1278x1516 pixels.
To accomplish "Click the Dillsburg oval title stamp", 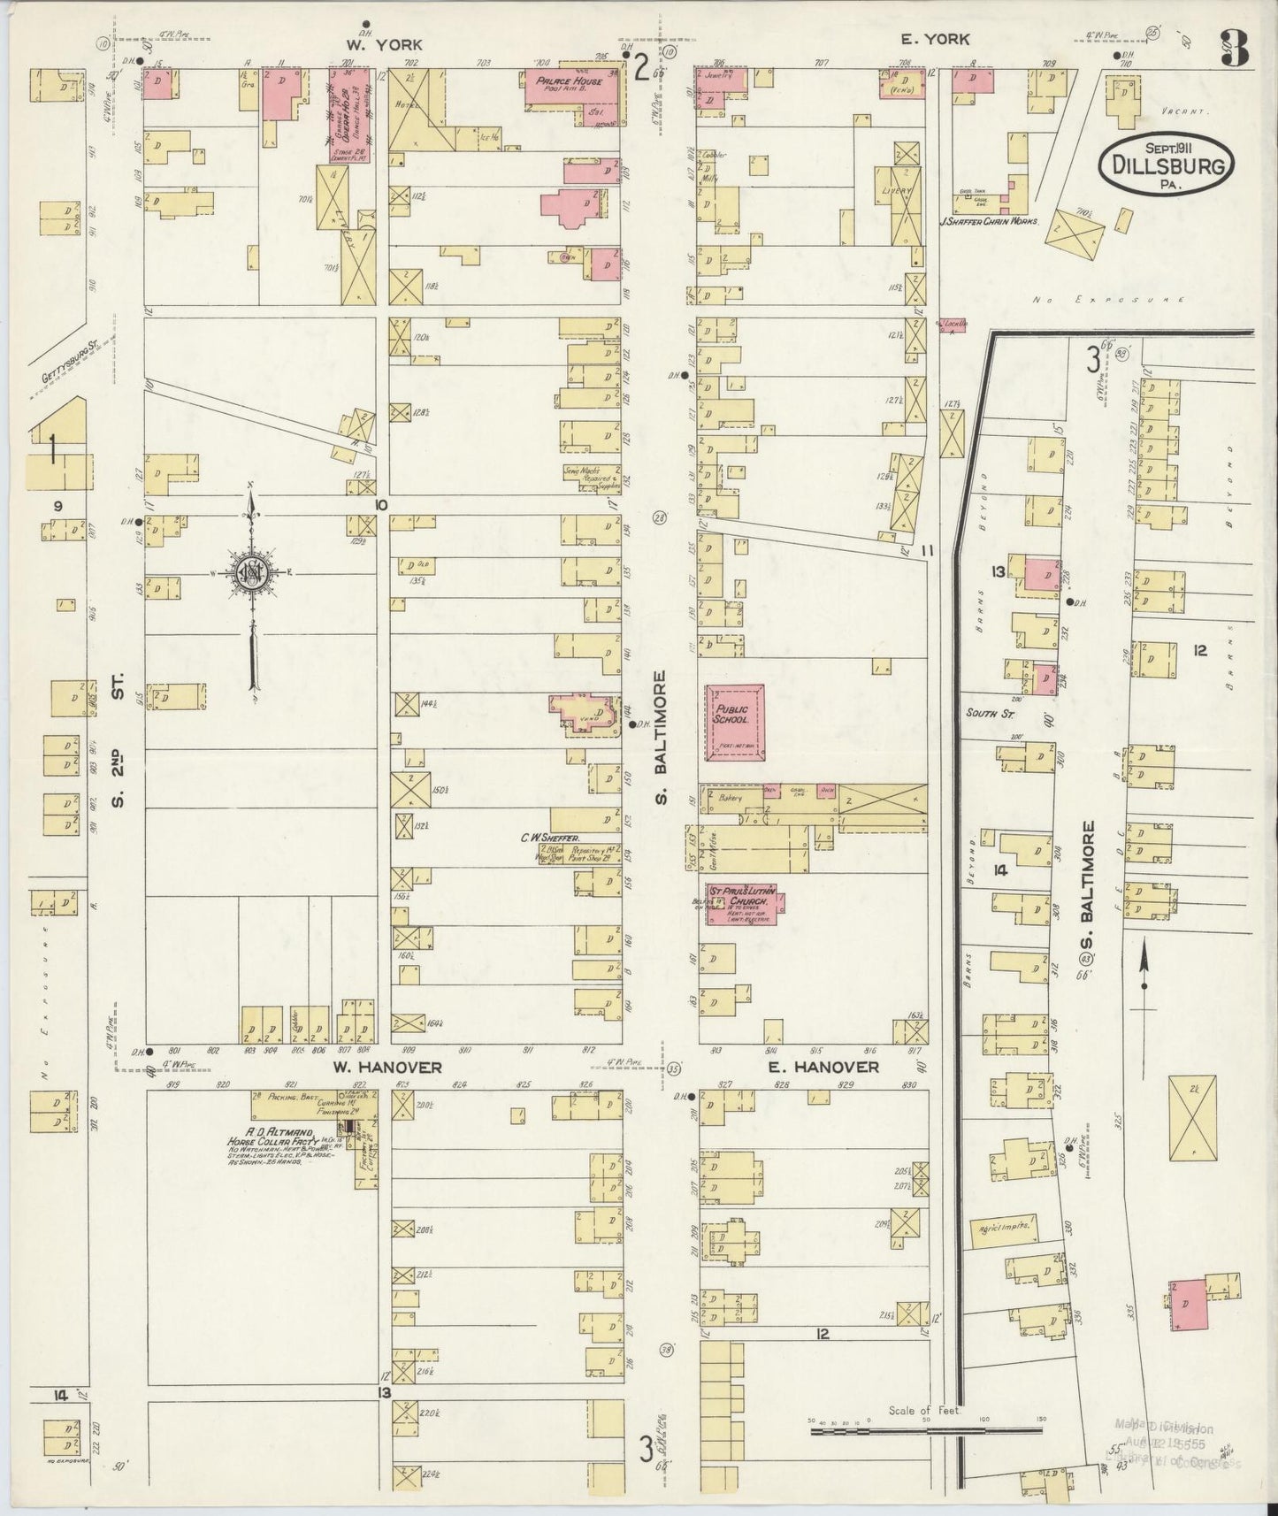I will tap(1167, 163).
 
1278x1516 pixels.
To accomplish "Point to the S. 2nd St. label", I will tap(119, 739).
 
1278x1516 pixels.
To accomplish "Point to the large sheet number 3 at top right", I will tap(1236, 50).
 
